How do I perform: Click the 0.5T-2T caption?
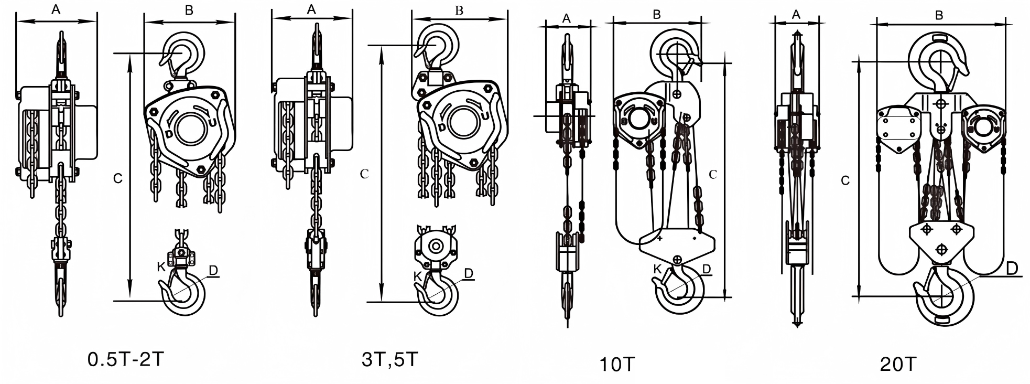[x=126, y=359]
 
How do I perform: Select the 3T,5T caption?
[x=390, y=359]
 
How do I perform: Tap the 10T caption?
[x=617, y=364]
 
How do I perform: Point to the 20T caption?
[x=898, y=364]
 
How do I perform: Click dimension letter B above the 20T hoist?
[x=939, y=16]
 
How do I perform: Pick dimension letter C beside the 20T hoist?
[x=845, y=180]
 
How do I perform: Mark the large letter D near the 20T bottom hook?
[x=1012, y=269]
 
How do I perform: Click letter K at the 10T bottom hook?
[x=657, y=269]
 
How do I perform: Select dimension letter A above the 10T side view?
[x=567, y=18]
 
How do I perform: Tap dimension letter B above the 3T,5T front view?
[x=459, y=11]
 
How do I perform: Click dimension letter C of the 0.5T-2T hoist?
[x=118, y=178]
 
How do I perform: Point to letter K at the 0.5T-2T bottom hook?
[x=161, y=266]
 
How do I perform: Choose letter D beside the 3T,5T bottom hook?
[x=469, y=273]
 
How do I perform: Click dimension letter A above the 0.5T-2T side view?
[x=56, y=9]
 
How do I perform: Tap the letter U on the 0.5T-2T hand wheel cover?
[x=212, y=123]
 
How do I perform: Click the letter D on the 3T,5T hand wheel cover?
[x=442, y=127]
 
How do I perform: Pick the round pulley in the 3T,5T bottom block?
[x=435, y=247]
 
